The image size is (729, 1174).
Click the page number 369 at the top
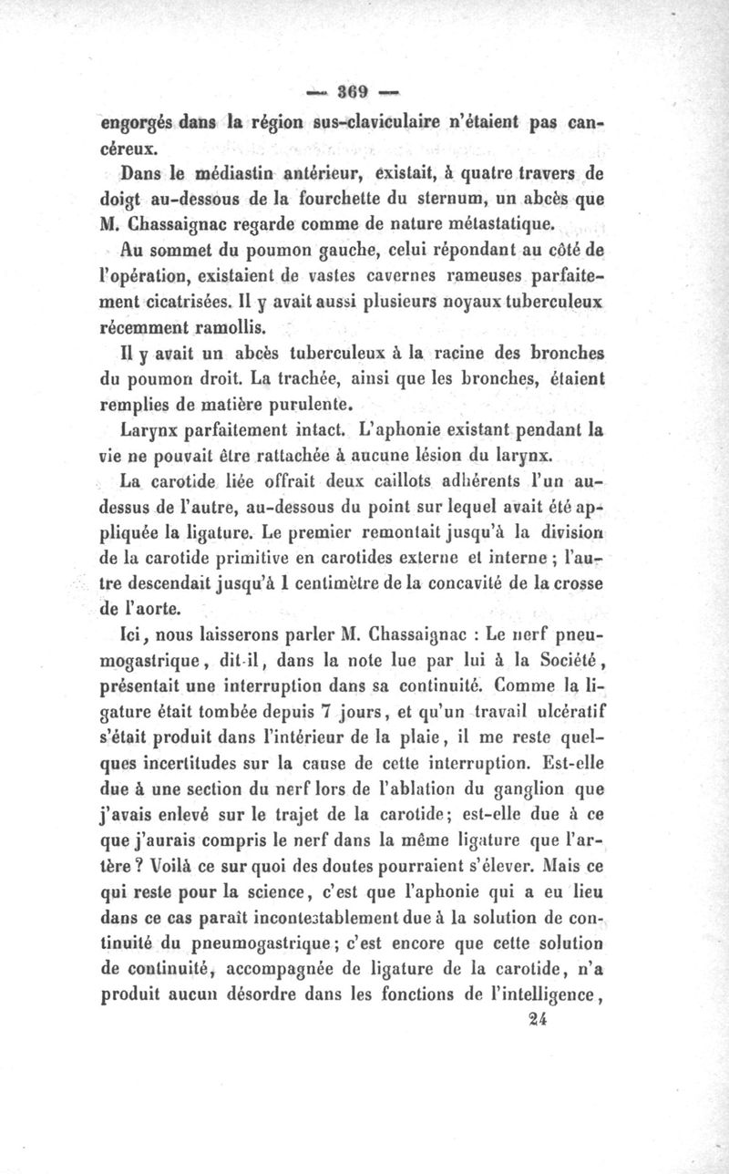point(351,91)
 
